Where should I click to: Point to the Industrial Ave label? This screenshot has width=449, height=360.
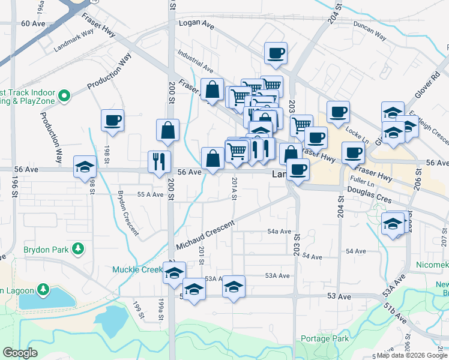pyautogui.click(x=194, y=62)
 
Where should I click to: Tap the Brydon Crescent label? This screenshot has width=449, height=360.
pyautogui.click(x=128, y=213)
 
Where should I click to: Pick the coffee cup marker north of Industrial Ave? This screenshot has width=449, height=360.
pyautogui.click(x=276, y=53)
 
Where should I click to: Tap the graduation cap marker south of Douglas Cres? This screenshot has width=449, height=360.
pyautogui.click(x=393, y=224)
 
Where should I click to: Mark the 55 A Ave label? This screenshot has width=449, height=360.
pyautogui.click(x=150, y=194)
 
